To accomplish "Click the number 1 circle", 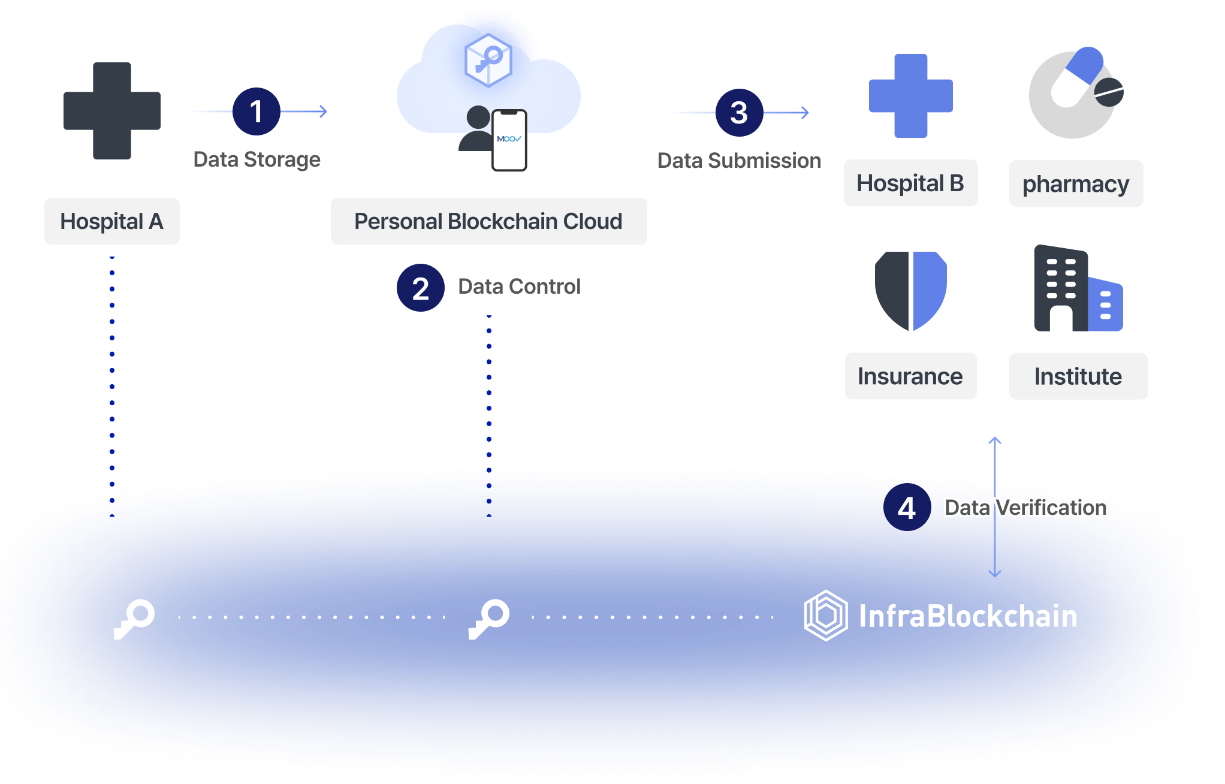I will pos(256,112).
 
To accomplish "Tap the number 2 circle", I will pos(420,288).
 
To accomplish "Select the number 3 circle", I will pos(739,113).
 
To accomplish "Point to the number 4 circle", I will pos(907,508).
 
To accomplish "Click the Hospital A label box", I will pos(112,221).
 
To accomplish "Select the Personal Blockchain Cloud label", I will pos(488,221).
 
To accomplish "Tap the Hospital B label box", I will pos(910,183).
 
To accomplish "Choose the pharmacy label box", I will pos(1076,184).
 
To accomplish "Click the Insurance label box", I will pos(910,376).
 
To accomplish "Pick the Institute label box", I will pos(1078,376).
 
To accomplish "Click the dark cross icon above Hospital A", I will pos(112,111).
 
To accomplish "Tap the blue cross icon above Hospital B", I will pos(910,96).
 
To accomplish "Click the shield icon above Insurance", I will pos(910,291).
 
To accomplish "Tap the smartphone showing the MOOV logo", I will pos(509,140).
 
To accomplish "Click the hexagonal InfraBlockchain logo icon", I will pos(825,616).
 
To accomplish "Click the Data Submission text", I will pos(739,161).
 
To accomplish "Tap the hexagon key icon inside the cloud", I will pos(488,60).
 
